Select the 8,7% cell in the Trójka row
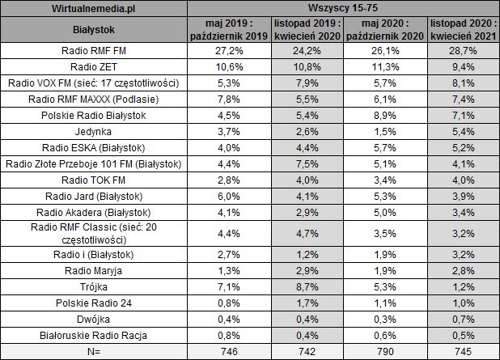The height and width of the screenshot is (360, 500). pos(304,286)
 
